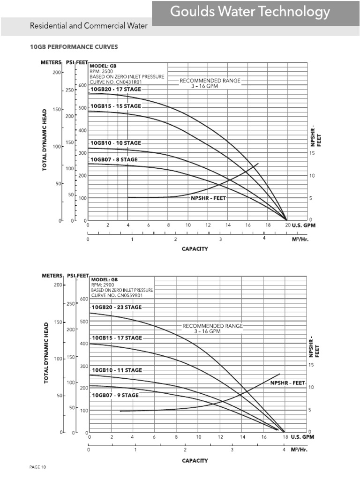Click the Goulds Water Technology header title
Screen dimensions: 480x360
click(250, 12)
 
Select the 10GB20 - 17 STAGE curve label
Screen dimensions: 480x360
click(115, 89)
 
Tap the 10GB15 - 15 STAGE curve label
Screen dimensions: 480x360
click(115, 106)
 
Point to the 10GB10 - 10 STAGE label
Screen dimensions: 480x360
click(115, 142)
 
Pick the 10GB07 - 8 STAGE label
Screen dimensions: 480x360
click(114, 159)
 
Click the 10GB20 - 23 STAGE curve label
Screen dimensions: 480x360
click(116, 307)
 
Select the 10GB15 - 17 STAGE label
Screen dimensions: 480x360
click(117, 337)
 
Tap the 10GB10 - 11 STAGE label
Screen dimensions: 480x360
click(116, 370)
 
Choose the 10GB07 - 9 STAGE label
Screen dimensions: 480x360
click(115, 395)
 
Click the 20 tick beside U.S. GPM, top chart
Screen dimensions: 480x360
click(287, 225)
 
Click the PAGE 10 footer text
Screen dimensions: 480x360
click(37, 467)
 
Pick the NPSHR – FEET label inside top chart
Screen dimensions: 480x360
click(208, 198)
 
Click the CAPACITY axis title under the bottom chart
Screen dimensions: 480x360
click(195, 461)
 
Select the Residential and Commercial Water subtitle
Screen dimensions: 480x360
click(89, 26)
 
